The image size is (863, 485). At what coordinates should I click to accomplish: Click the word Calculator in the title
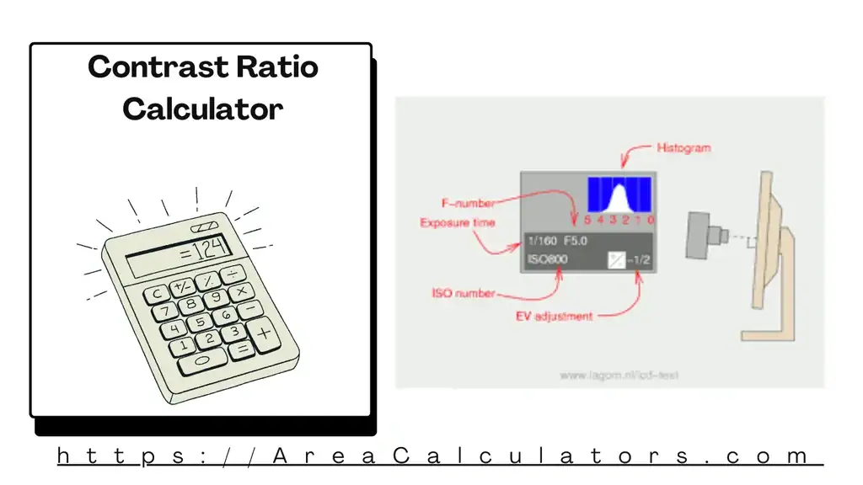click(x=202, y=109)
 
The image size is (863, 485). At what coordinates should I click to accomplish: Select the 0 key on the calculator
click(x=202, y=360)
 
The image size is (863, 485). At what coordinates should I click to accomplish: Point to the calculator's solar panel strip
click(x=203, y=227)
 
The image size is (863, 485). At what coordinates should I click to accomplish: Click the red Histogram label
click(x=683, y=147)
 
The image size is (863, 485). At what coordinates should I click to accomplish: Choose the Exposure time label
click(x=458, y=223)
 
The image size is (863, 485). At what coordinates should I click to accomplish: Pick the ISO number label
click(x=464, y=294)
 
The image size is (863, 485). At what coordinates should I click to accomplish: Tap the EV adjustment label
click(x=554, y=317)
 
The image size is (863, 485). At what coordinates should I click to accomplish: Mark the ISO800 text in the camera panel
click(x=548, y=259)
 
